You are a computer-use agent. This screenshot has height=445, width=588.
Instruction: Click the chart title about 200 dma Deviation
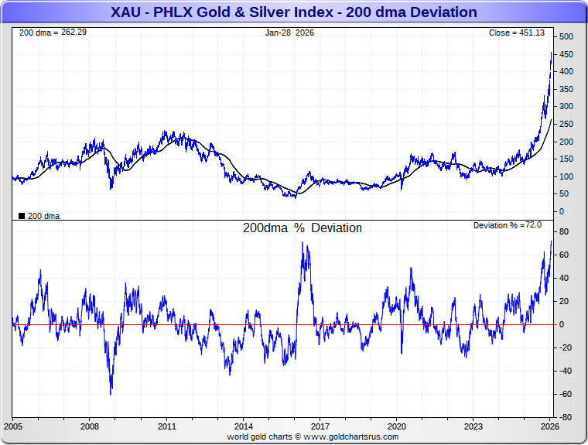coord(294,12)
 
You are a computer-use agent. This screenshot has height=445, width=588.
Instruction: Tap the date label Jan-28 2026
coord(291,33)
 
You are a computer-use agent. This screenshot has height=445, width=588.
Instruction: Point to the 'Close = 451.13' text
coord(517,33)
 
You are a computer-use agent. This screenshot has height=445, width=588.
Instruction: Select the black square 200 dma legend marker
coord(21,216)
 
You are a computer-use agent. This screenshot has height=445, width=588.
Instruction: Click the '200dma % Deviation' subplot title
coord(302,228)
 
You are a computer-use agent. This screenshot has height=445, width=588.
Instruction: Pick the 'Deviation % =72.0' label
coord(507,225)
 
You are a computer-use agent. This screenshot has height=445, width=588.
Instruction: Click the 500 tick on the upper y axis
coord(567,37)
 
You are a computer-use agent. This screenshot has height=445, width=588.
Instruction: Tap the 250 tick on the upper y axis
coord(567,125)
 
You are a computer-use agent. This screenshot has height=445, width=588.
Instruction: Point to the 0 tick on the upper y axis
coord(562,211)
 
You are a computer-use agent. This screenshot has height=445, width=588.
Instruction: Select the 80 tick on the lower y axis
coord(565,232)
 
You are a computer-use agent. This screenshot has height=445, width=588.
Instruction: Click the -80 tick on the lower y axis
coord(566,418)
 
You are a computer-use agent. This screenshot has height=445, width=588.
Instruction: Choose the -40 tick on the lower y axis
coord(566,371)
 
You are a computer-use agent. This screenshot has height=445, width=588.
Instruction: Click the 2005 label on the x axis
coord(14,426)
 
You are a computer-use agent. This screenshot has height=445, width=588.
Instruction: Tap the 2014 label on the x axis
coord(244,426)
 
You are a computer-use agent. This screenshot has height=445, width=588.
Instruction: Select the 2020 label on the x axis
coord(397,426)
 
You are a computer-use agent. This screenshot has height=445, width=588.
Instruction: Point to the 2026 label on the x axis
coord(550,426)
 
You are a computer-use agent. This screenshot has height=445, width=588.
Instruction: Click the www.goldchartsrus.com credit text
coord(313,436)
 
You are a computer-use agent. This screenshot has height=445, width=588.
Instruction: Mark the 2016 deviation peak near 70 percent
coord(303,245)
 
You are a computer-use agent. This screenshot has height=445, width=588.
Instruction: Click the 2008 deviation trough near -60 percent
coord(111,393)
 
